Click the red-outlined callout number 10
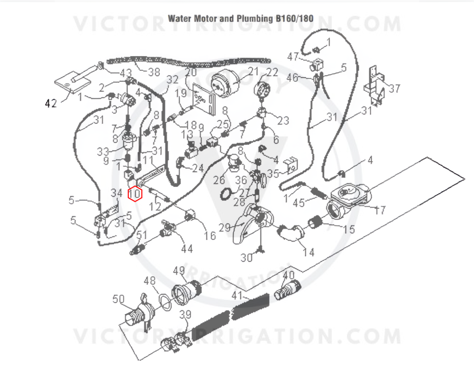point(135,194)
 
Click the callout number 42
point(50,103)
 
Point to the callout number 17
point(379,211)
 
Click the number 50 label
point(118,300)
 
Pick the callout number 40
point(288,275)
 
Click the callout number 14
point(308,253)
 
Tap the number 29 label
point(225,227)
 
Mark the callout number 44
point(187,248)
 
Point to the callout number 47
point(293,57)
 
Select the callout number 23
point(283,121)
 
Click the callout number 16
point(210,236)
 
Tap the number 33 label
point(103,152)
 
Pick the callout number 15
point(349,230)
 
